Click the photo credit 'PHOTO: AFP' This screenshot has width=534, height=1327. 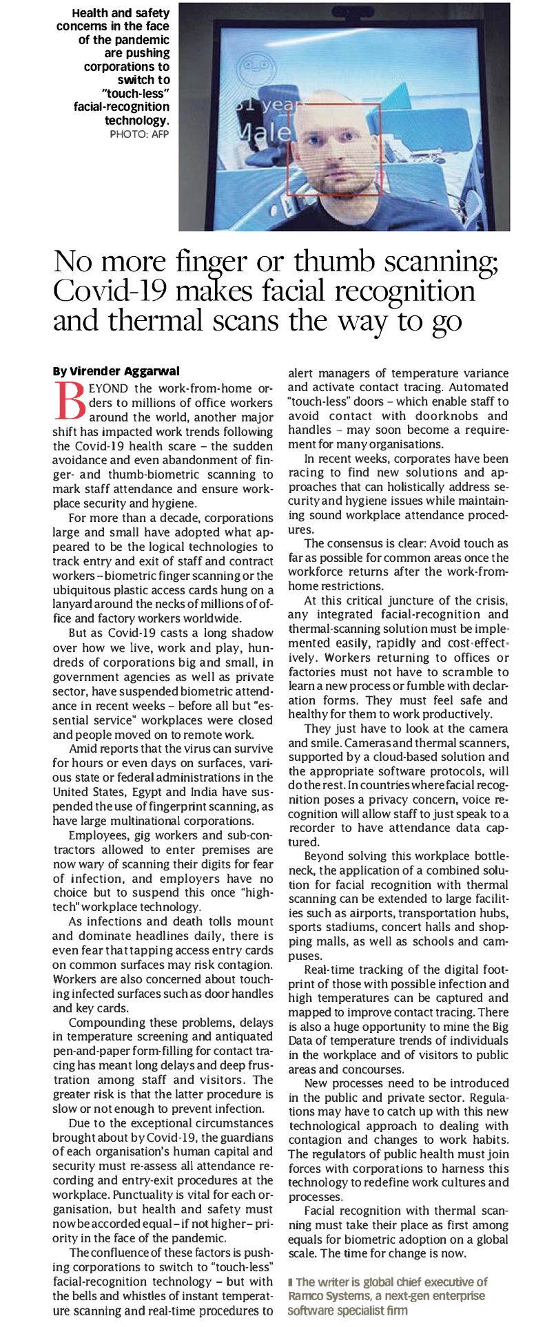coord(139,134)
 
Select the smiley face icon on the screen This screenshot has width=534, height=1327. coord(253,71)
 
